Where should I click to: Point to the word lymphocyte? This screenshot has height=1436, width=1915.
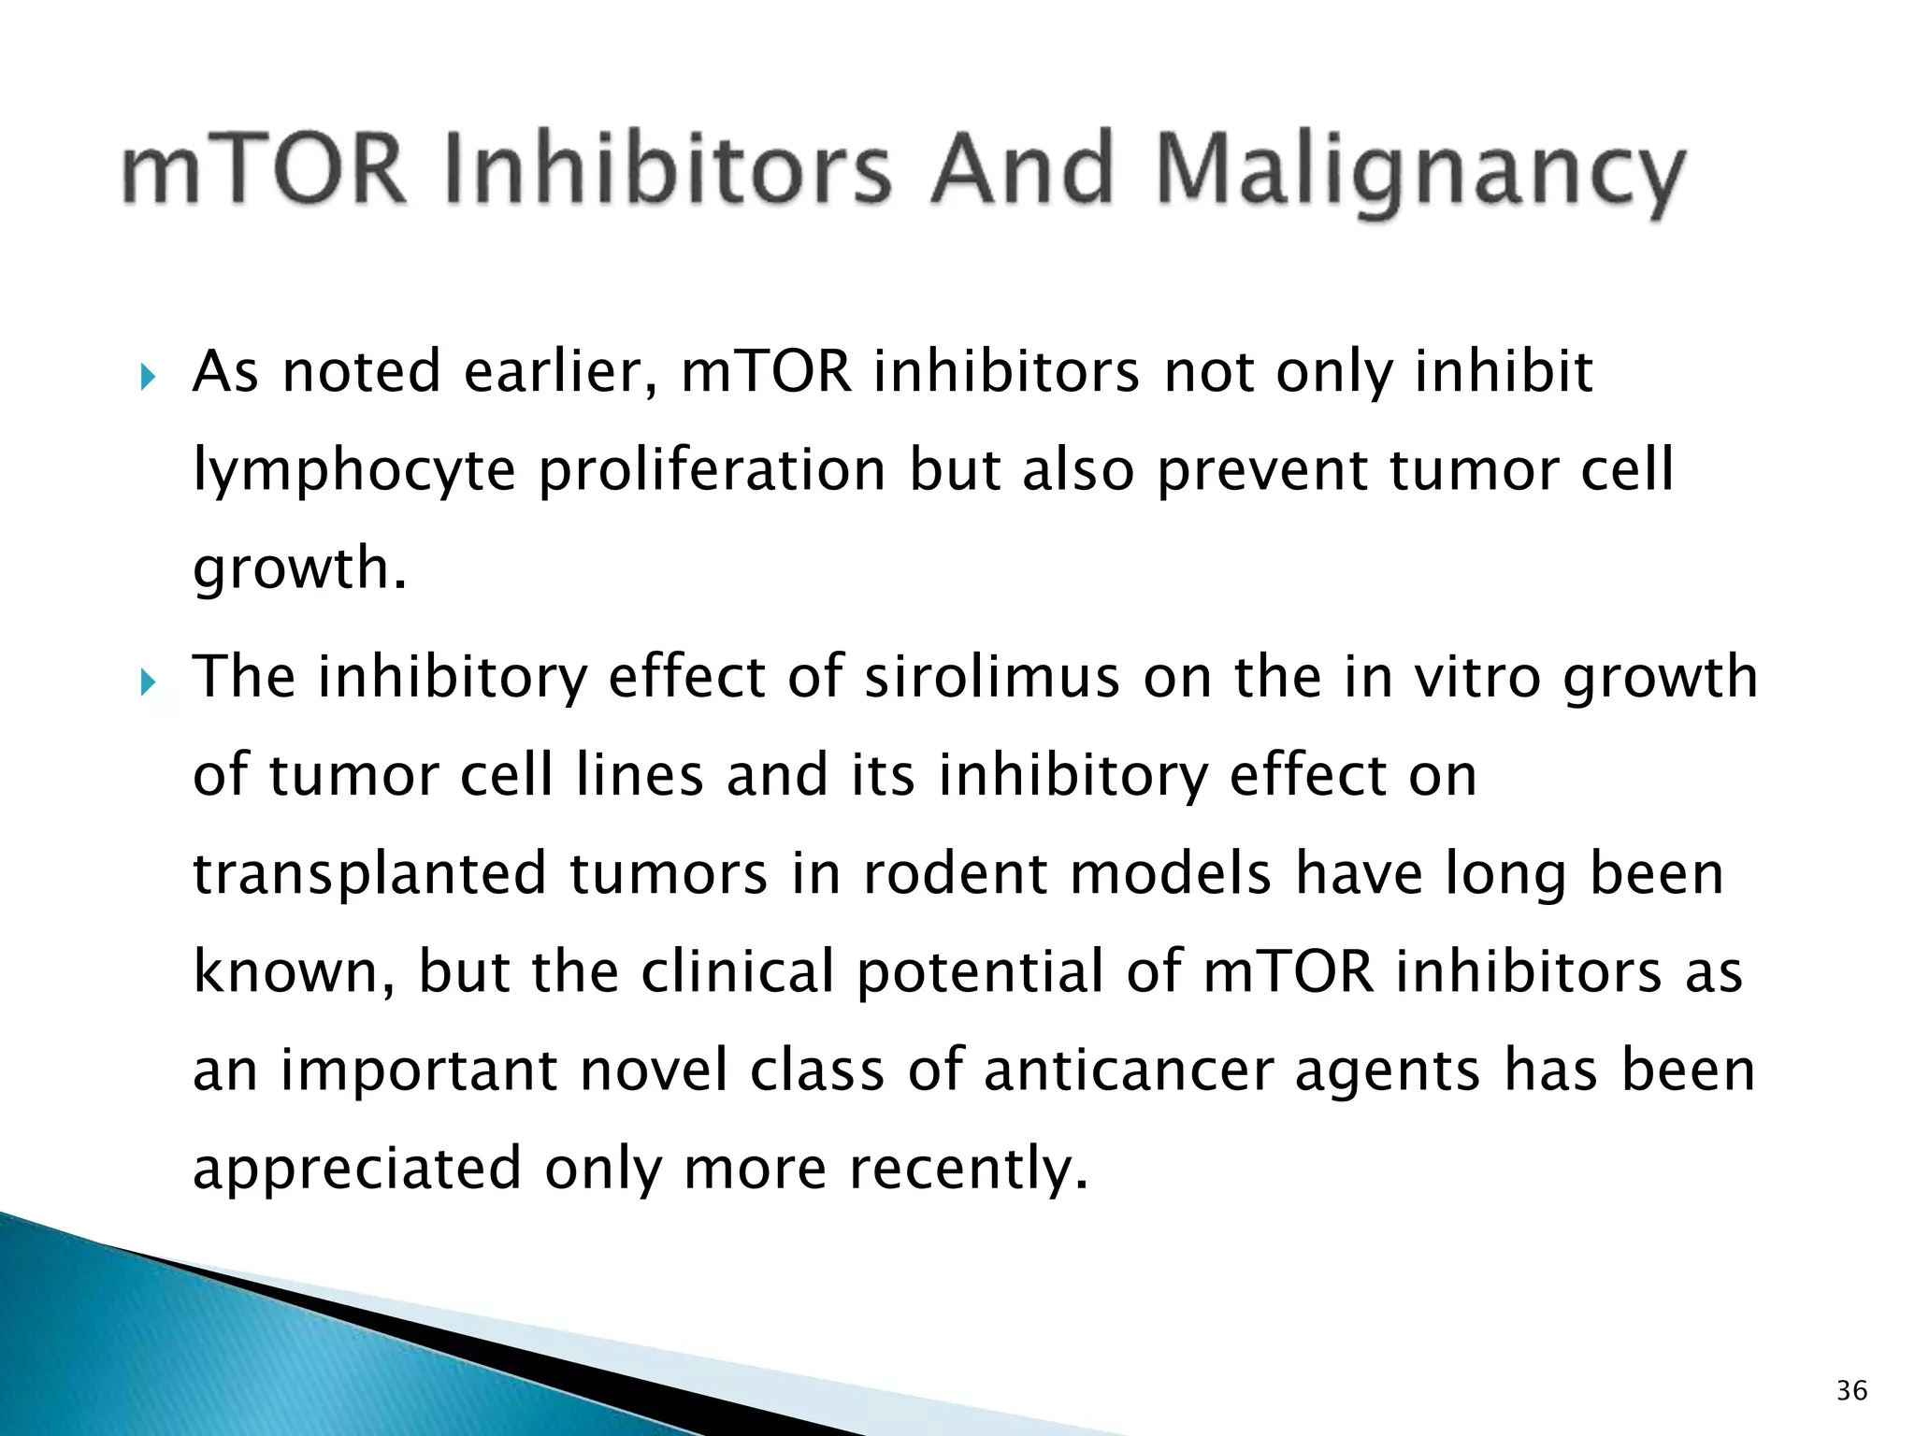click(x=353, y=471)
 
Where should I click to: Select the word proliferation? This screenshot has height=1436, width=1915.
click(x=712, y=469)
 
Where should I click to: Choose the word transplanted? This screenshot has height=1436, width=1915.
click(x=368, y=874)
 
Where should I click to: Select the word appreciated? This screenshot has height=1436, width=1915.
click(x=356, y=1170)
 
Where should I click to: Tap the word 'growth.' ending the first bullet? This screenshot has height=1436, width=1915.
click(x=300, y=569)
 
